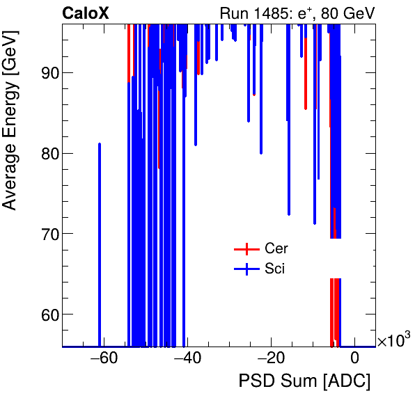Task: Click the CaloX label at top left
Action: click(85, 13)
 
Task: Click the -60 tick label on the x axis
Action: click(100, 359)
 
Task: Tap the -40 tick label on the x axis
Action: click(185, 359)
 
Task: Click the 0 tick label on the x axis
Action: click(354, 359)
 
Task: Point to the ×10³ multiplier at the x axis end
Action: click(393, 341)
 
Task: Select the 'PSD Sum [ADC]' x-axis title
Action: click(304, 381)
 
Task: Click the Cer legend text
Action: click(276, 248)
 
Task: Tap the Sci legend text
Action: click(275, 269)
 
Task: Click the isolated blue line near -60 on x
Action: click(100, 244)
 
